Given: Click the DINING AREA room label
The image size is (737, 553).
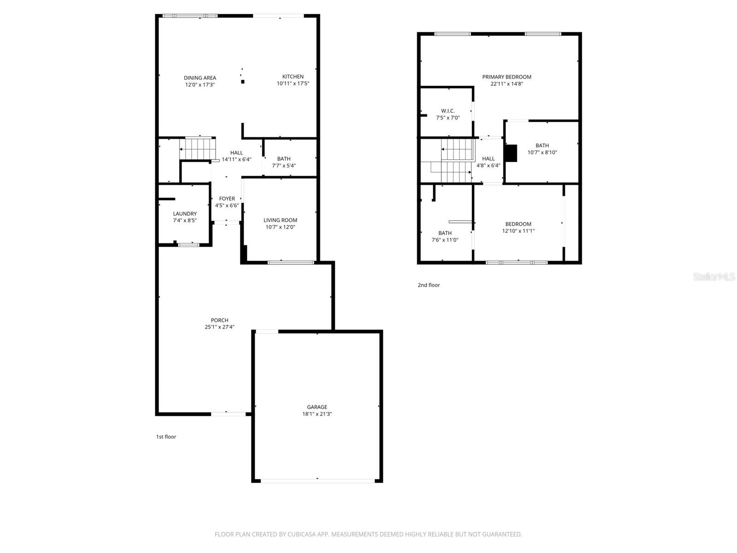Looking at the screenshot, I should point(200,78).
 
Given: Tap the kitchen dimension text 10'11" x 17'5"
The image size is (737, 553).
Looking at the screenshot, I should point(293,84).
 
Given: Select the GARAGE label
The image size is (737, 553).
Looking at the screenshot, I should point(317,407).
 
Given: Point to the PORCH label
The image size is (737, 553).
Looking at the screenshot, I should point(220,320).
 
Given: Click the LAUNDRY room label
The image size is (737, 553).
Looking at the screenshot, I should point(185,214).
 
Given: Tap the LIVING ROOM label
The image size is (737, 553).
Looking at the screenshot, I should point(280,220).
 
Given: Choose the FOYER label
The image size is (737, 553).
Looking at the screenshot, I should point(227,199).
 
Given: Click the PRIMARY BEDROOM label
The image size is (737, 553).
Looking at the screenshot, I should point(507,77).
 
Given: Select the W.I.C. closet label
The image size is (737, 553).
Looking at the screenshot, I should point(448,111).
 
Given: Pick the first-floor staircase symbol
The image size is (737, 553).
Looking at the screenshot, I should point(197,148).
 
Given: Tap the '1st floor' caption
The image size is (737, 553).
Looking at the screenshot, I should point(166,437).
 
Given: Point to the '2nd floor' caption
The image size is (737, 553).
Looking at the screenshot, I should point(429,285).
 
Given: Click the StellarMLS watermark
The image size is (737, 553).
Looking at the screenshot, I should point(714,277).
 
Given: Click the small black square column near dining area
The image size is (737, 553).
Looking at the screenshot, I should point(243,82).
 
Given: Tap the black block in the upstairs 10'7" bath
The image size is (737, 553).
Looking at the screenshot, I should point(511,153).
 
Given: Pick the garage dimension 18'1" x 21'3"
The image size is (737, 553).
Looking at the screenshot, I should point(317,414).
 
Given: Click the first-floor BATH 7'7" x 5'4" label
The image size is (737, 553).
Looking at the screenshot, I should point(284,159).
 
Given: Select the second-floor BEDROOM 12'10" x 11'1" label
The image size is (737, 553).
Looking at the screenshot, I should point(518,224).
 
